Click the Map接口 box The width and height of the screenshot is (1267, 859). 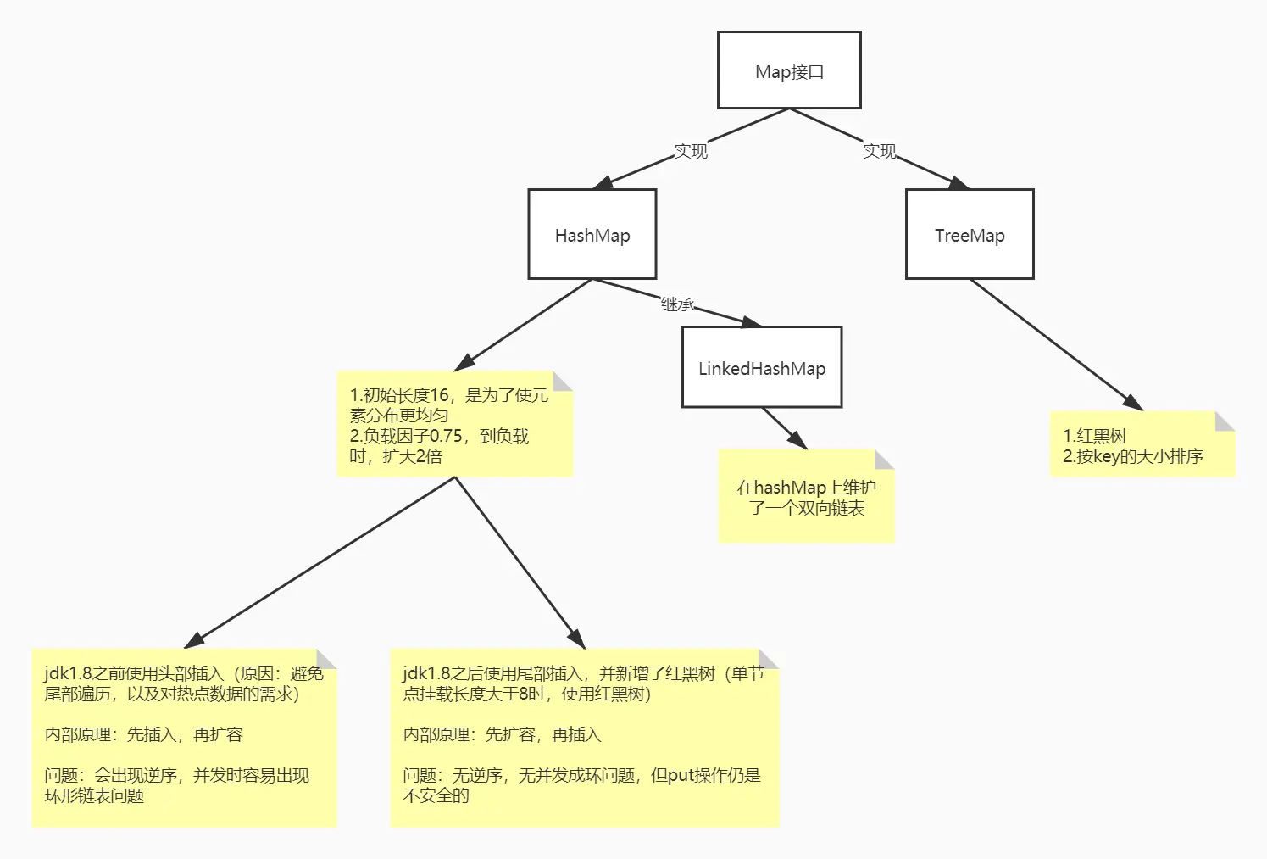click(789, 70)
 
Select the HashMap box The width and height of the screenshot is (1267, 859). click(592, 234)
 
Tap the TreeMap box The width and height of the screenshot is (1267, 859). click(970, 234)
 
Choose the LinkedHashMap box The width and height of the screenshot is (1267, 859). click(762, 367)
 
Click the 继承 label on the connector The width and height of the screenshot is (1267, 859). click(677, 304)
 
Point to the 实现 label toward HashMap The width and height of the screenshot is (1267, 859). click(690, 151)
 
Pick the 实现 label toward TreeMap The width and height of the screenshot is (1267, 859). click(879, 151)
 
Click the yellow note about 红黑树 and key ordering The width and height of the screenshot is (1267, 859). click(1142, 444)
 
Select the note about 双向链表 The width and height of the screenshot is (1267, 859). click(806, 497)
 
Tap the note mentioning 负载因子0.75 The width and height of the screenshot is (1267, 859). click(454, 424)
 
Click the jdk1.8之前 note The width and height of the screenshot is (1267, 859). click(184, 737)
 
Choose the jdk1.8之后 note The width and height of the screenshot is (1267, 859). click(584, 737)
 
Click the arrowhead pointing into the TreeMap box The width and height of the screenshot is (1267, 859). click(959, 183)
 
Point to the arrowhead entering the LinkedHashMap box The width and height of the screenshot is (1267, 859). click(752, 322)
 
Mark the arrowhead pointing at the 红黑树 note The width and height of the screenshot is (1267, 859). click(1134, 404)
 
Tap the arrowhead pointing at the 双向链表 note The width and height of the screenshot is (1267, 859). click(798, 441)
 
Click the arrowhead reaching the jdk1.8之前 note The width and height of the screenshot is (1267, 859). click(194, 641)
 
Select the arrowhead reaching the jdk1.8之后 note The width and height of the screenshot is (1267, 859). click(578, 639)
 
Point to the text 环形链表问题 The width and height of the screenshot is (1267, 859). click(94, 795)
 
